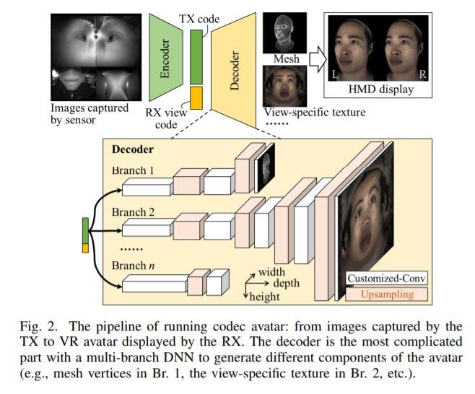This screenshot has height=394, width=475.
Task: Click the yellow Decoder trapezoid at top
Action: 234,61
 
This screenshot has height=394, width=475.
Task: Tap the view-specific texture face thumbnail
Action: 284,87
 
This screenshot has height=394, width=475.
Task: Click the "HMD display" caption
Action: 381,90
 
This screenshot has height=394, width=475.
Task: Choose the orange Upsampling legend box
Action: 385,294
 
